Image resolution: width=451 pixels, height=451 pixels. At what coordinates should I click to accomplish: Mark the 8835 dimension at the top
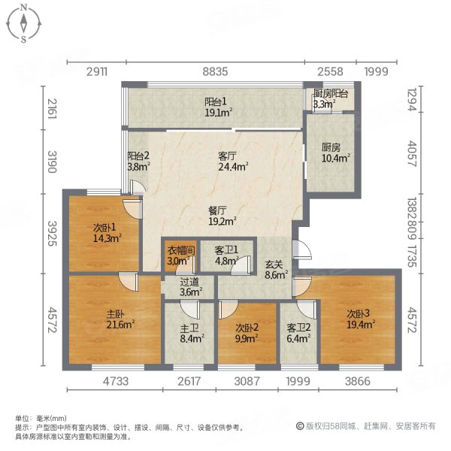click(216, 71)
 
